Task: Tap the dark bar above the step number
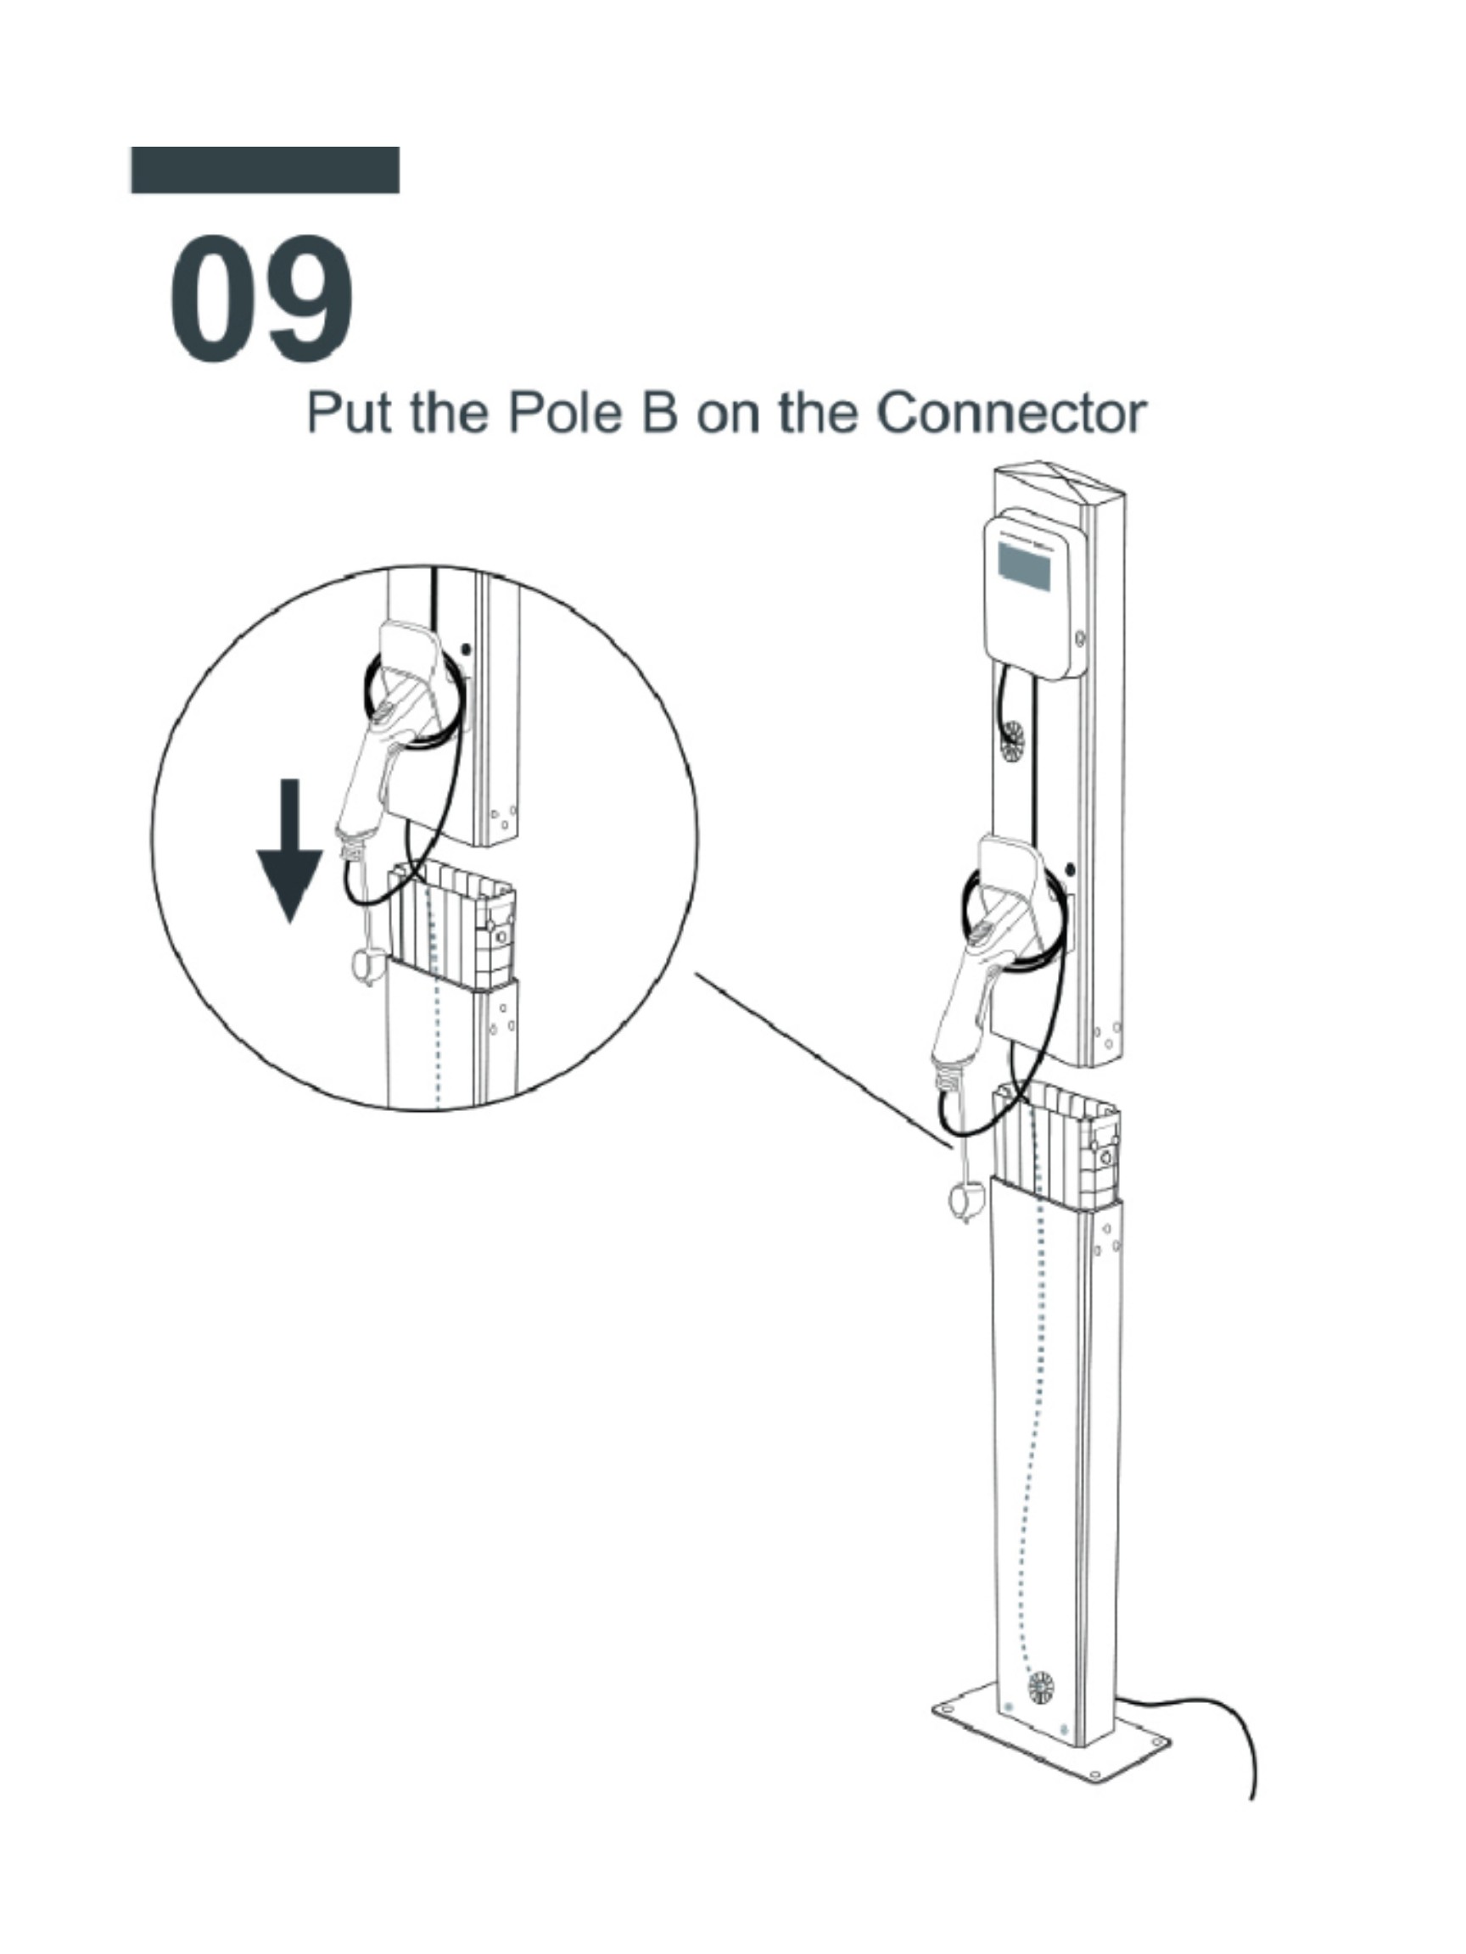click(x=264, y=170)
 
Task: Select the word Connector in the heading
click(x=1013, y=412)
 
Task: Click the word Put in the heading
click(x=349, y=412)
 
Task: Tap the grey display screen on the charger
click(x=1024, y=567)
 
